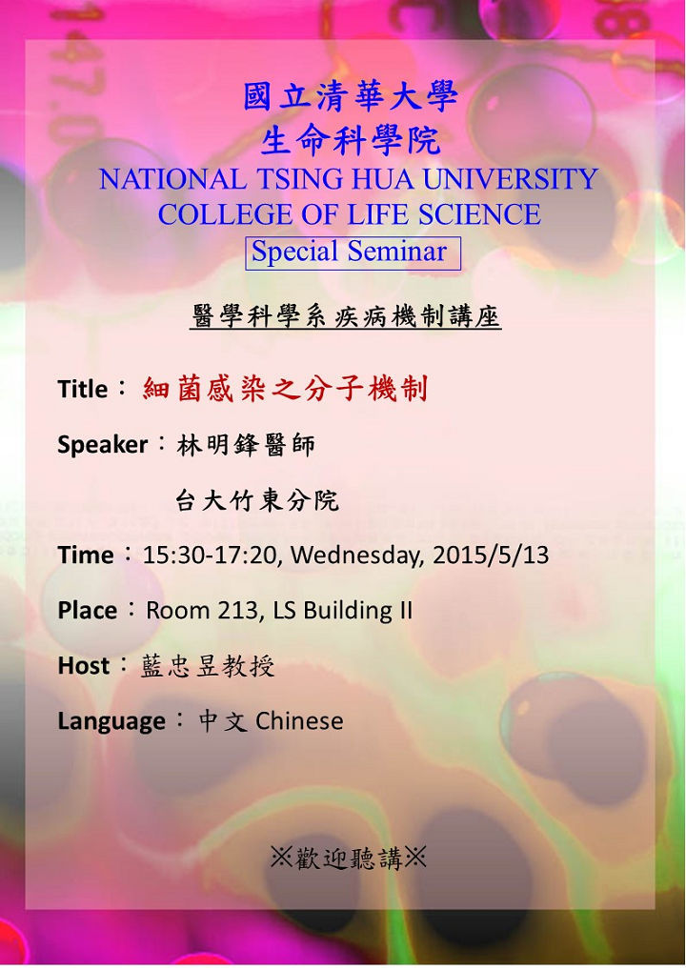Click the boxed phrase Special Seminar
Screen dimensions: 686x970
point(349,252)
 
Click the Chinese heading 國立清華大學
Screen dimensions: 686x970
point(350,96)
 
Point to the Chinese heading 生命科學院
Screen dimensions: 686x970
point(350,141)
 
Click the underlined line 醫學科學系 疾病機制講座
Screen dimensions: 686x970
point(345,316)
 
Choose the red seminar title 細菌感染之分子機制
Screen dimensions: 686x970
point(285,389)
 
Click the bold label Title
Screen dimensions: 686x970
point(83,389)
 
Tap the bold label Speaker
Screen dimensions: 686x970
point(102,445)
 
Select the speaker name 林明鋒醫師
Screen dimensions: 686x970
point(246,445)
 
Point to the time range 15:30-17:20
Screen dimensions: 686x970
point(209,555)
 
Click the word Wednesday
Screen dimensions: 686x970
point(357,556)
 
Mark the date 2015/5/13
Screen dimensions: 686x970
point(491,555)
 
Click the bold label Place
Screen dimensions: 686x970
point(88,611)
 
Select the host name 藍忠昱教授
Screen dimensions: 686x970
point(207,666)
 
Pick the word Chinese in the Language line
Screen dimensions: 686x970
point(299,720)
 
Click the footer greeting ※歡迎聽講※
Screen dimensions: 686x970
point(348,858)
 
